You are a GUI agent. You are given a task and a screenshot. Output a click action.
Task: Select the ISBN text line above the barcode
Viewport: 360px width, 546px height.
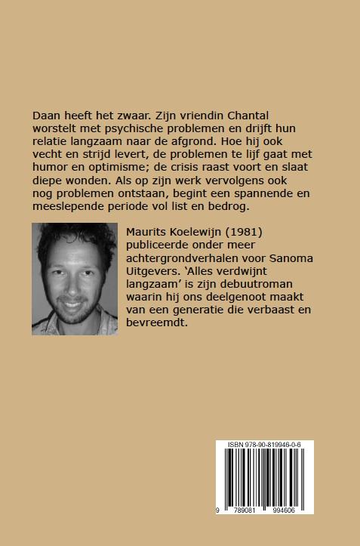(x=264, y=446)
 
